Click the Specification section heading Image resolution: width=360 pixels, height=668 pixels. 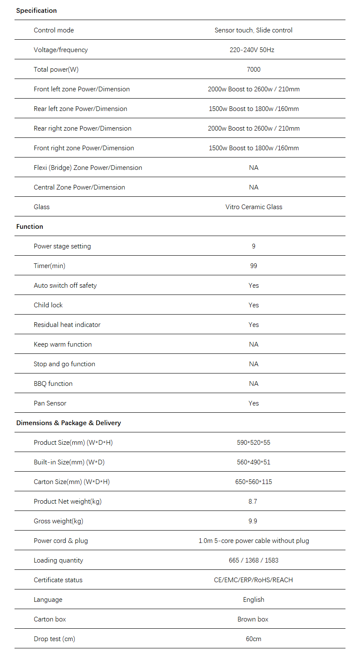(36, 11)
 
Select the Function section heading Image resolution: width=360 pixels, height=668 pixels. (29, 227)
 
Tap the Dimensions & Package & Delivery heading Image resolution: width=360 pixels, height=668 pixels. (68, 423)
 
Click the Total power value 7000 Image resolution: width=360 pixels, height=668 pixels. (254, 70)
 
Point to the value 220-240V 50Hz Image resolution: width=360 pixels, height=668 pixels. (252, 50)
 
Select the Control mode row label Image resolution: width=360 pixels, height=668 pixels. (54, 30)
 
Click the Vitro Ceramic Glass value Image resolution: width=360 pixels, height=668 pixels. (254, 207)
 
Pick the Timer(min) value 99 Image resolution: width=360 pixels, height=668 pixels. (254, 266)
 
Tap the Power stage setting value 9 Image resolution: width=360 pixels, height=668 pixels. (254, 246)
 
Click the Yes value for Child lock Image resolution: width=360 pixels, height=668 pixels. (254, 305)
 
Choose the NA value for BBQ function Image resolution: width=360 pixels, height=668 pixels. (254, 384)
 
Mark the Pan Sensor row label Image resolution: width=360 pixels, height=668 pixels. (50, 403)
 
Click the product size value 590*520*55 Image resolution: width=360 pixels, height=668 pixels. (254, 443)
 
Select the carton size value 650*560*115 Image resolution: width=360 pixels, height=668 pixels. (254, 482)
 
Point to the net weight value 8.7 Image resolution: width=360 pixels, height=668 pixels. (253, 502)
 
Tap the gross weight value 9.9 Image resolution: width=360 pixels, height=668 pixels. (253, 521)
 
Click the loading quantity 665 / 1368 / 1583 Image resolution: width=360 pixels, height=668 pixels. (254, 560)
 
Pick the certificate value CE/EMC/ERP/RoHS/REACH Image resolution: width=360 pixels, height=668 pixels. (254, 580)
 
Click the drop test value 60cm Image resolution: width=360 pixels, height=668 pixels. (254, 639)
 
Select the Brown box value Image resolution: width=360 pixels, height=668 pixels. (253, 619)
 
